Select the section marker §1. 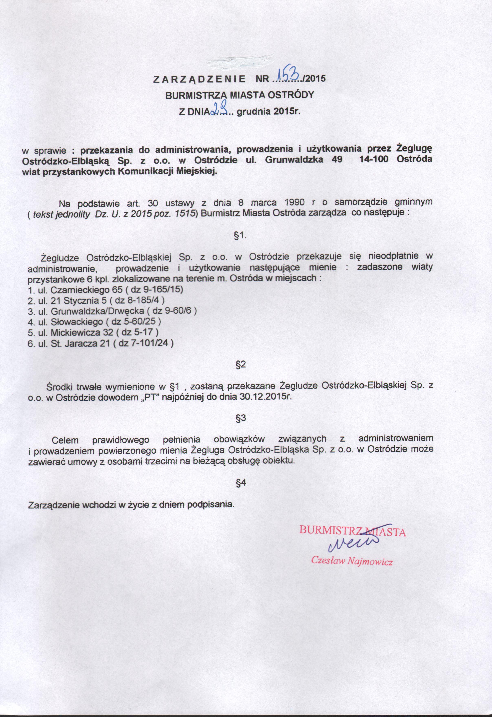(x=242, y=235)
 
